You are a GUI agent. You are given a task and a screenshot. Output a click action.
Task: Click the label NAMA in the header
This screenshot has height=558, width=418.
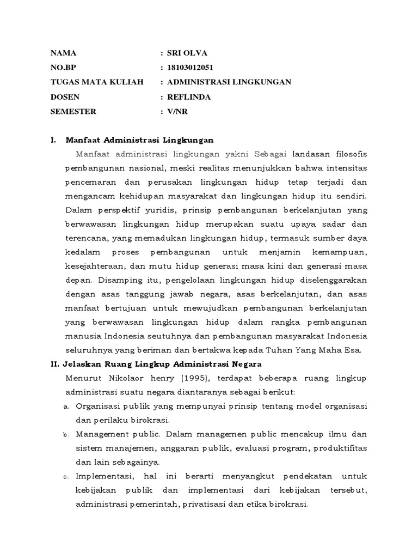[63, 53]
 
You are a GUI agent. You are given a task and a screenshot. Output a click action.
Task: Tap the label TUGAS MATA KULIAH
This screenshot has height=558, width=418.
[96, 82]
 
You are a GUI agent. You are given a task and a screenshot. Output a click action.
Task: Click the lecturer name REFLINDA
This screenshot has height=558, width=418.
[189, 96]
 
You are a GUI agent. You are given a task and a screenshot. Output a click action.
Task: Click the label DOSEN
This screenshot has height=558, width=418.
[65, 96]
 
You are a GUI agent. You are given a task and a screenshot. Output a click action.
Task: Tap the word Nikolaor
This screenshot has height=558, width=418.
[124, 378]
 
